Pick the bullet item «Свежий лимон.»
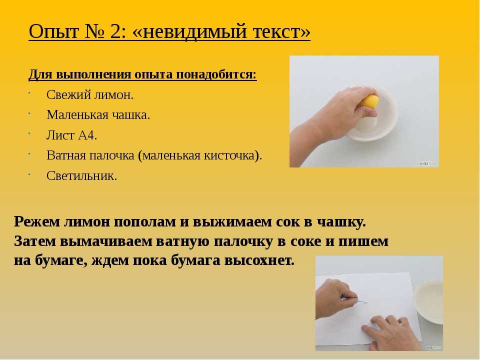(x=90, y=95)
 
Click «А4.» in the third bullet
(x=87, y=135)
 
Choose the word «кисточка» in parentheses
(x=229, y=155)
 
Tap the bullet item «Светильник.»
(x=81, y=175)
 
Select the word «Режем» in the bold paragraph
(x=36, y=221)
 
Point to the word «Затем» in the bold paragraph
(x=35, y=241)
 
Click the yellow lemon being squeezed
(x=369, y=101)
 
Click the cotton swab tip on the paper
(x=363, y=302)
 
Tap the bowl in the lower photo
(x=428, y=301)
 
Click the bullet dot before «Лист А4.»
(x=29, y=133)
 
